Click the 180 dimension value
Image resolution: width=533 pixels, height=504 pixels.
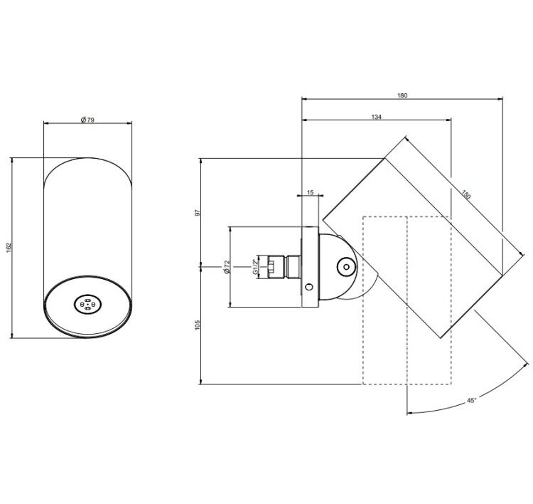(x=402, y=95)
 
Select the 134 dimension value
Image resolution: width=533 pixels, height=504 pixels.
(x=376, y=117)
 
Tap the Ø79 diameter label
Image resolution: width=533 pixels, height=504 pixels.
(x=87, y=120)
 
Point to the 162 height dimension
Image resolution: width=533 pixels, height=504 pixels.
(x=9, y=247)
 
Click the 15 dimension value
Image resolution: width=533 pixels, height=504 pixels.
(x=310, y=192)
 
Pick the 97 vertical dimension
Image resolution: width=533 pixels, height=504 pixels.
(x=198, y=213)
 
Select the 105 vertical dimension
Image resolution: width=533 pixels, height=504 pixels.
(x=198, y=324)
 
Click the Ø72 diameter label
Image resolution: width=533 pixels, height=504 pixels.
(x=227, y=267)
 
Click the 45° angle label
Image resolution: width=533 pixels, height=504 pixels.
(x=471, y=401)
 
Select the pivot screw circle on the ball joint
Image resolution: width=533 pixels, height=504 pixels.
(x=346, y=267)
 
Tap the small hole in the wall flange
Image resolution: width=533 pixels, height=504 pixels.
(x=309, y=287)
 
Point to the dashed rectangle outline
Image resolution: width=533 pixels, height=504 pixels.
(x=363, y=300)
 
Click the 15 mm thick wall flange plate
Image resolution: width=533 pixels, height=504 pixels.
(x=310, y=267)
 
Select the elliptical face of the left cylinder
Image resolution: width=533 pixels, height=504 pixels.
(x=87, y=307)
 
